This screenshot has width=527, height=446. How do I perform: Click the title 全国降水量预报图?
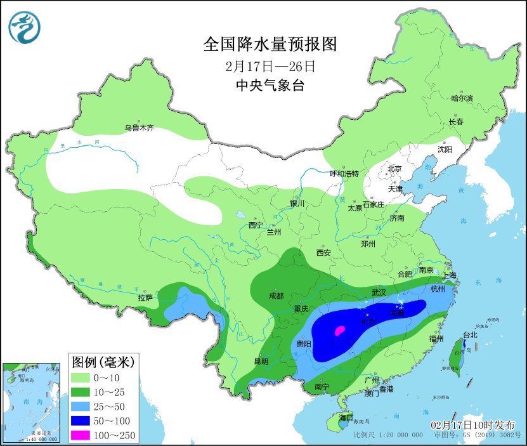(269, 44)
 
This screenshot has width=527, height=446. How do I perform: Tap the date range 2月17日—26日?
(270, 66)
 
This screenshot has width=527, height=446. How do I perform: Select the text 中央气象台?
(270, 86)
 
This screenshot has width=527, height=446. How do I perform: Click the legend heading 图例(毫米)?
(101, 362)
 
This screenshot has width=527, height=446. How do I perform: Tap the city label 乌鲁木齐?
(139, 128)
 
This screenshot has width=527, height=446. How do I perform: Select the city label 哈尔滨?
(462, 98)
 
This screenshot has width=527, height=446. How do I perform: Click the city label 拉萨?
(145, 297)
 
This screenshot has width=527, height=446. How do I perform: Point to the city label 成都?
(276, 296)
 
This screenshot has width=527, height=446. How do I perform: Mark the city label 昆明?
(261, 362)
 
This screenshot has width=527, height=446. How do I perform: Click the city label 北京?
(394, 169)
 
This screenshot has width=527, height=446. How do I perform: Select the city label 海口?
(346, 417)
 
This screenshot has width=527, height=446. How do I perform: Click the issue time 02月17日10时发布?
(473, 424)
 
